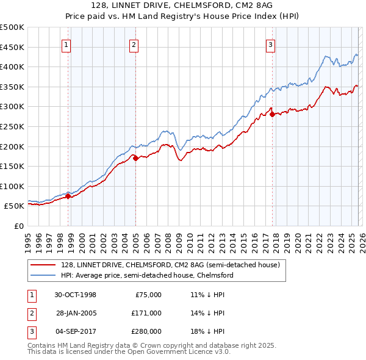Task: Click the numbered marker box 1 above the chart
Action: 65,44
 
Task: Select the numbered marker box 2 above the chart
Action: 134,44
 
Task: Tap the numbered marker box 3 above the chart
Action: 270,44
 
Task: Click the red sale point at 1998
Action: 68,196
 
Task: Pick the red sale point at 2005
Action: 135,158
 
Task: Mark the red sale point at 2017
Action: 272,114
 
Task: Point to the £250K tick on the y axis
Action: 12,126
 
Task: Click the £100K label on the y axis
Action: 12,186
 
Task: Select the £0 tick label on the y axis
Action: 18,226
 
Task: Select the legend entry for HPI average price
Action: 147,275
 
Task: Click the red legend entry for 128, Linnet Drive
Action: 170,265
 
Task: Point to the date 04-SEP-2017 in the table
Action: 74,332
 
